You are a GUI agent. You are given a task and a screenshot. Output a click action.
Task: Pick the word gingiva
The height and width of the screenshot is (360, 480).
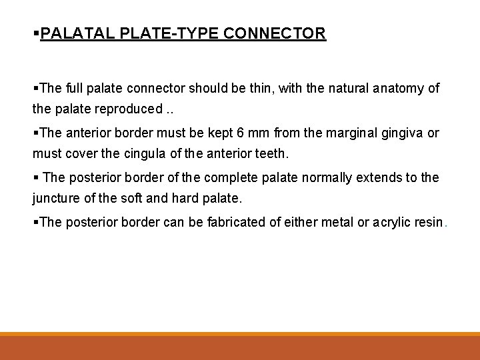tap(407, 133)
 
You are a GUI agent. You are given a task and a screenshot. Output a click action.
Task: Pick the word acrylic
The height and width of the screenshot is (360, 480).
tap(384, 223)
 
